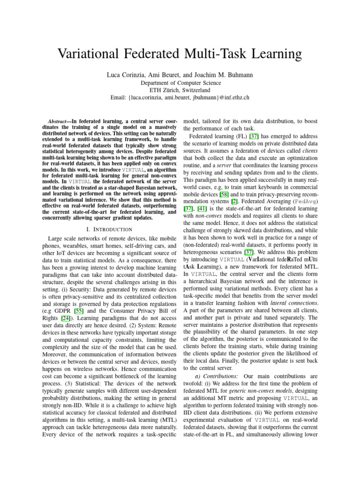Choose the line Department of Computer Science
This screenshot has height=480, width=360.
[x=180, y=82]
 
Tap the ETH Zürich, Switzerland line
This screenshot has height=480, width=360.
[x=180, y=90]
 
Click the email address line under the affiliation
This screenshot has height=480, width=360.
[x=180, y=97]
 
